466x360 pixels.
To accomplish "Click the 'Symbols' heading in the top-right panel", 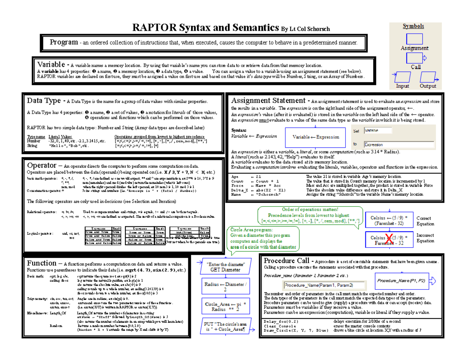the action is pos(413,26).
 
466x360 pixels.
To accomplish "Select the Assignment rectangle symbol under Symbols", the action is pos(414,39).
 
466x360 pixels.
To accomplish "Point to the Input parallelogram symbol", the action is pos(403,77).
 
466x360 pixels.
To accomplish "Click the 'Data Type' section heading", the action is pos(44,101).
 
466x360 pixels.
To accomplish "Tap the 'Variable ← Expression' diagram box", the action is pos(316,137).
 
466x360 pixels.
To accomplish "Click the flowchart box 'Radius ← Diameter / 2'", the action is pos(225,287).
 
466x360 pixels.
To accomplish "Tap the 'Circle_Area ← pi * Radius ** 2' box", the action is pos(226,306).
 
